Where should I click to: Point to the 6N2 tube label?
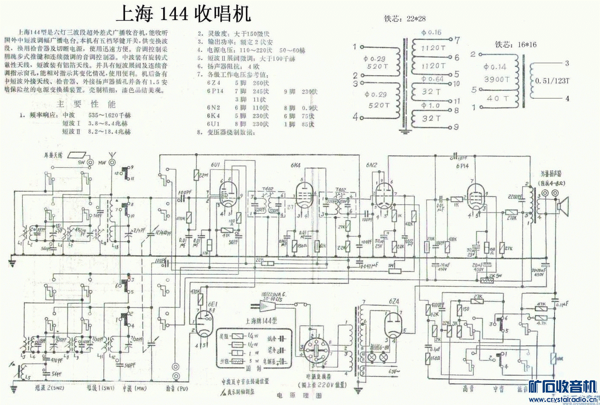tap(371, 165)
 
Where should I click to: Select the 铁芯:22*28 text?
tap(405, 19)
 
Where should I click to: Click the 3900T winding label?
tap(496, 79)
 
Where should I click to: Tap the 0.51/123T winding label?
tap(552, 80)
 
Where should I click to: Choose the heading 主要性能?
tap(86, 104)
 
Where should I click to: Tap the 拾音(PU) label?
tap(177, 388)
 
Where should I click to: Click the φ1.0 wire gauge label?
tap(431, 105)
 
